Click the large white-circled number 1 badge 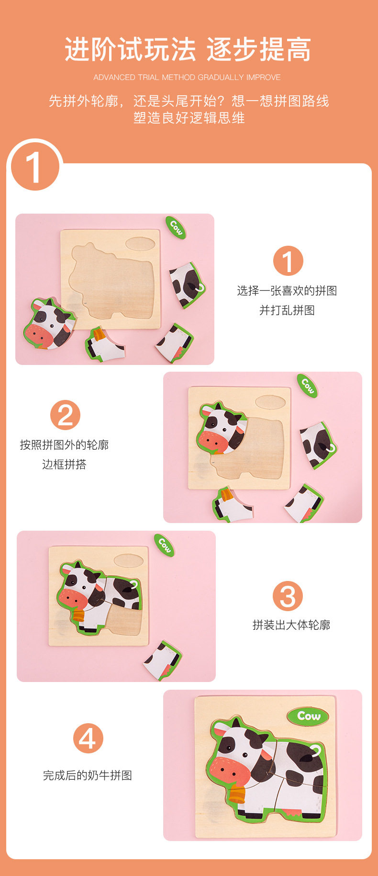(35, 167)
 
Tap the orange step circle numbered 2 (65, 415)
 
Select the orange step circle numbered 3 (288, 596)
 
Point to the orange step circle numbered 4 (88, 738)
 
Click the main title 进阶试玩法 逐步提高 (188, 49)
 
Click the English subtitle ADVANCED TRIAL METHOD (145, 77)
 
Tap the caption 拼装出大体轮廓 (291, 625)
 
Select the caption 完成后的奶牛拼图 (88, 775)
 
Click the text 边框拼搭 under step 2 (64, 464)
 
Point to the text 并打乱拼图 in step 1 (287, 310)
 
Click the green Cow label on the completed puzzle (309, 716)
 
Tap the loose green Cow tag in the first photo (176, 228)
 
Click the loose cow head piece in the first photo (49, 323)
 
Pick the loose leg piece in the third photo (163, 660)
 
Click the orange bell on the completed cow (238, 792)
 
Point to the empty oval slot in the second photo (270, 402)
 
